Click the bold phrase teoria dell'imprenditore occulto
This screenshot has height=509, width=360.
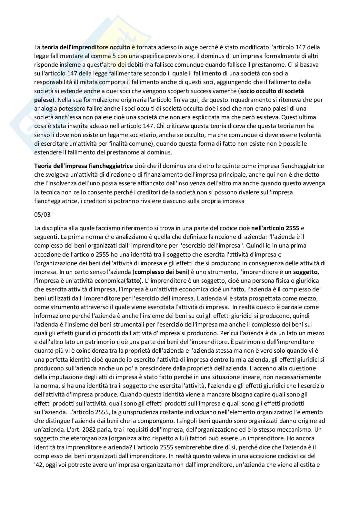coord(86,47)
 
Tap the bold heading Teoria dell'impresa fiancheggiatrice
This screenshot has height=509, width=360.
coord(83,166)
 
